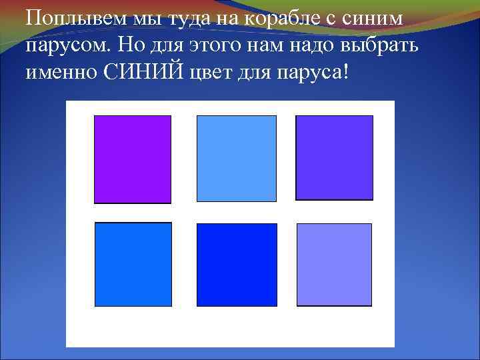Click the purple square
click(132, 159)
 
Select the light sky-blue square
click(236, 158)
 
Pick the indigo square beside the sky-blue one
click(334, 157)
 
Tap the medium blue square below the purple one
click(133, 264)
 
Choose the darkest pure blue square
click(237, 265)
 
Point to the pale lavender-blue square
click(334, 265)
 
